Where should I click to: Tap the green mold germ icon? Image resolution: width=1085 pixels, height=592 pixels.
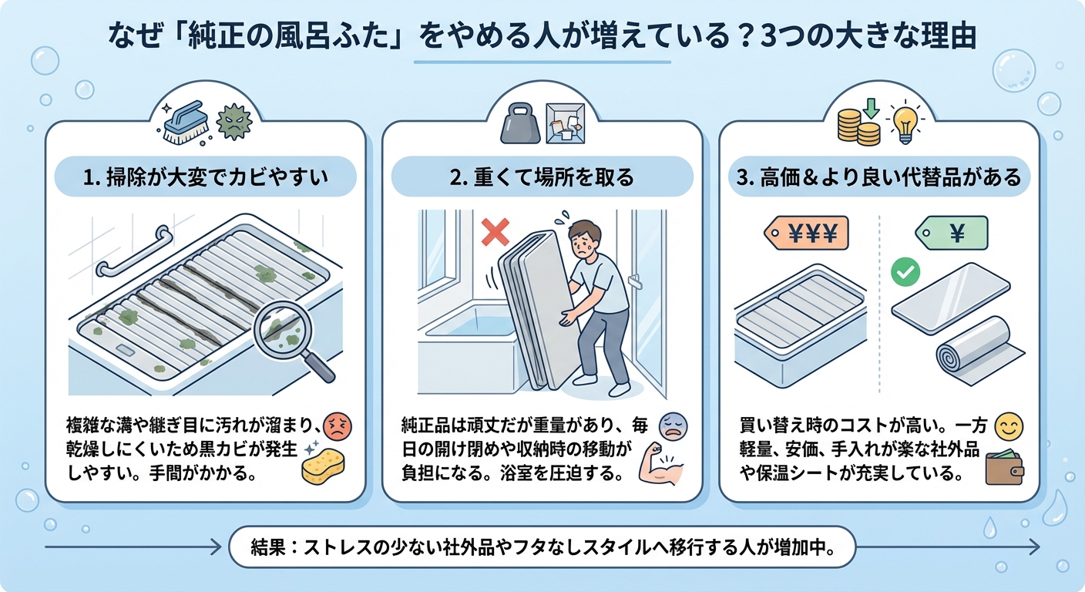coord(233,123)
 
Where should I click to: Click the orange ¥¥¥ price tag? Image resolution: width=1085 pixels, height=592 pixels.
coord(805,232)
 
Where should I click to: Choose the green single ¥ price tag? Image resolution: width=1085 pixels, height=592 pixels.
coord(951,232)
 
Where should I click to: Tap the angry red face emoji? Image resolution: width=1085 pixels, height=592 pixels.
coord(336,425)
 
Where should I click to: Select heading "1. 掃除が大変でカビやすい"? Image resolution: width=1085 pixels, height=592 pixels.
coord(204,178)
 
